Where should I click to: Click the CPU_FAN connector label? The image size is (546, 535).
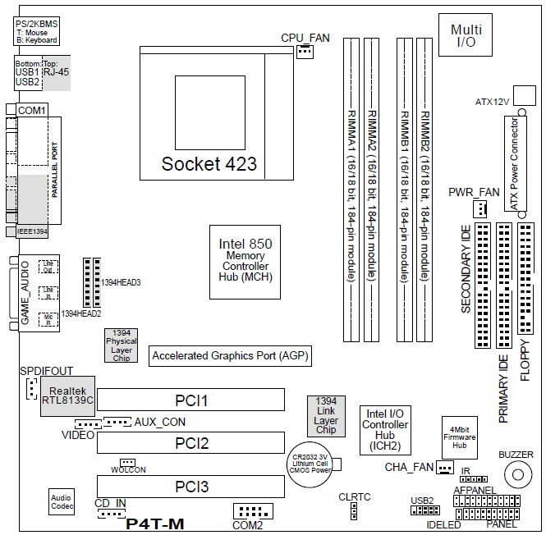pos(305,38)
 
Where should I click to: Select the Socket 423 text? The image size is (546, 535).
pos(209,163)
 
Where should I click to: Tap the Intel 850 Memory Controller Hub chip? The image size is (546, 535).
pos(245,261)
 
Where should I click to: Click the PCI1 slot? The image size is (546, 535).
pos(191,400)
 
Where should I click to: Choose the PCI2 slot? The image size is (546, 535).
pos(191,444)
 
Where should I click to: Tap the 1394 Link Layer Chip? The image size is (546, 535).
pos(326,416)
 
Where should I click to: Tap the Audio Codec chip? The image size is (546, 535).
pos(61,502)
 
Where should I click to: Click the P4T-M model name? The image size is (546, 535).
pos(154,524)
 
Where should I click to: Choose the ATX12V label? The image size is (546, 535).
pos(493,103)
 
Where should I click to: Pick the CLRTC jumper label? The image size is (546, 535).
pos(354,497)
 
